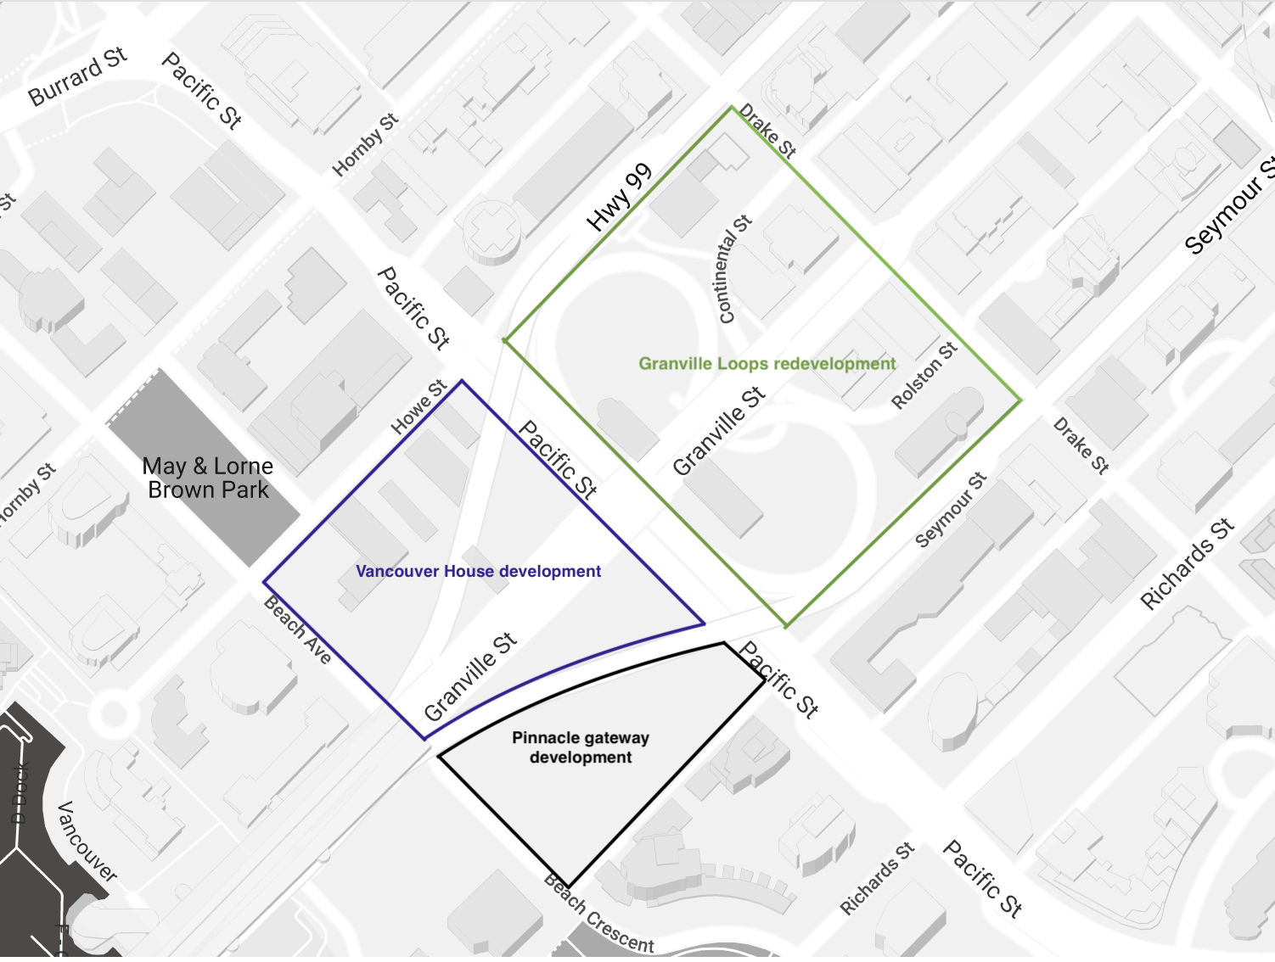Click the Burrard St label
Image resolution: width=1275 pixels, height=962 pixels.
[77, 77]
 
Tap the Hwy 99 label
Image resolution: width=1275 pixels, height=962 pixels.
[620, 197]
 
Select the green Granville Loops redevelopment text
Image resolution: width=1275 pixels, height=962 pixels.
[767, 364]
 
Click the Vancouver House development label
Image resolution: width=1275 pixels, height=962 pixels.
[478, 572]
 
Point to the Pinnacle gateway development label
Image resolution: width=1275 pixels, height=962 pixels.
[581, 747]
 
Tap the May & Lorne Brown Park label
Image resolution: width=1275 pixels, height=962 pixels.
[208, 478]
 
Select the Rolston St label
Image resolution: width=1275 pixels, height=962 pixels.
[924, 376]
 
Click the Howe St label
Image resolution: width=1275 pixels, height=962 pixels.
[418, 407]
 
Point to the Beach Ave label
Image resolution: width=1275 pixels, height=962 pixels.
[297, 629]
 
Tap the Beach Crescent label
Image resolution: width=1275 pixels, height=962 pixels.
[599, 915]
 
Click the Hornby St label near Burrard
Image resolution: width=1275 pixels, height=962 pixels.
[365, 145]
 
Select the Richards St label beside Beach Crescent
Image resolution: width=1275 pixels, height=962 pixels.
[877, 878]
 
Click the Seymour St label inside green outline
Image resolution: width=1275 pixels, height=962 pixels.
[951, 510]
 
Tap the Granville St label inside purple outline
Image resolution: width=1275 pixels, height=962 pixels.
[470, 676]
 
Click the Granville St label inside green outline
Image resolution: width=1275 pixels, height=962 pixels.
[719, 430]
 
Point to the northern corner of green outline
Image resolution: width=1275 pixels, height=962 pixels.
[732, 107]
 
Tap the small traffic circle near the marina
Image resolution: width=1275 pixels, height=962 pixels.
[113, 713]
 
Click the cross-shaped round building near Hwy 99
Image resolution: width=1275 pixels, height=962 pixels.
[492, 231]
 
